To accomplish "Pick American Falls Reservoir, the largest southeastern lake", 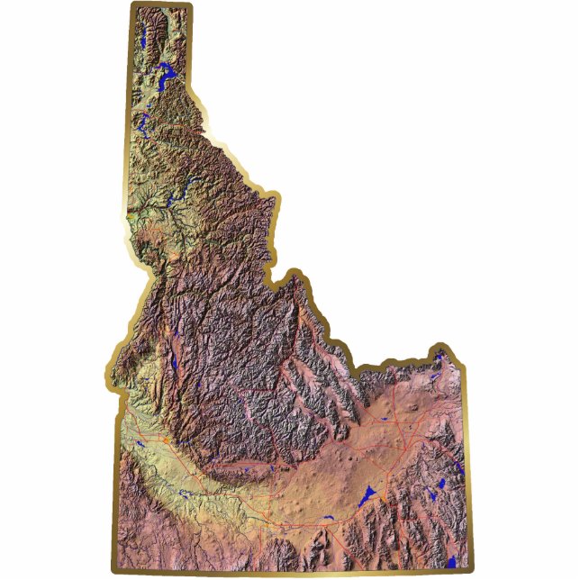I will [x=368, y=495].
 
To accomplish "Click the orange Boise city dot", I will [x=167, y=440].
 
